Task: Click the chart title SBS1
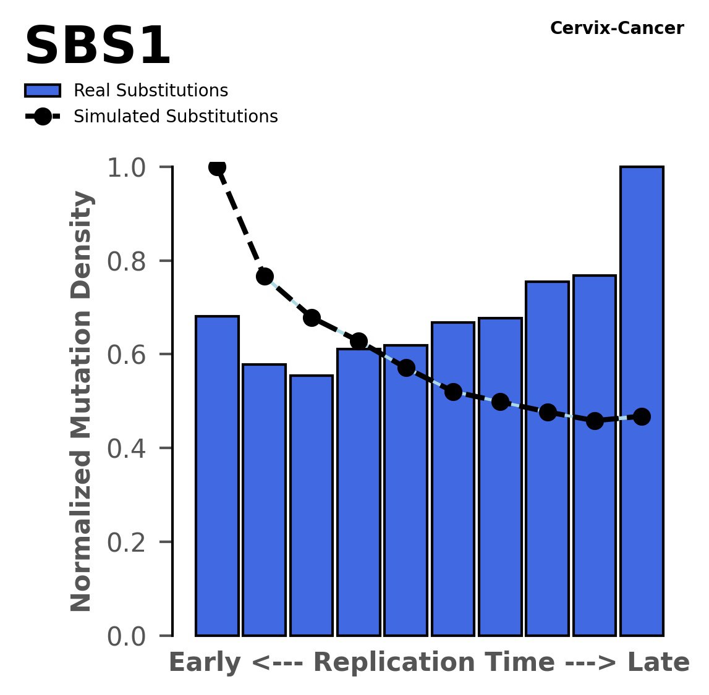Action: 98,47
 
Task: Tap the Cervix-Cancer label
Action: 616,28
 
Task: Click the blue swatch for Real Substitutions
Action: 43,91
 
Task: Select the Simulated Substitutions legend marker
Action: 43,117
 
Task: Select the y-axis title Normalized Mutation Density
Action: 82,402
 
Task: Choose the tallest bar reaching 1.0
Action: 642,402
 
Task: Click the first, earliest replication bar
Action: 217,476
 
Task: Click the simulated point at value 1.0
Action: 217,167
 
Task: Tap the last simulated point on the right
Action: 642,416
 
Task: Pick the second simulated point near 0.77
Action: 265,276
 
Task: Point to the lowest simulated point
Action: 595,421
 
